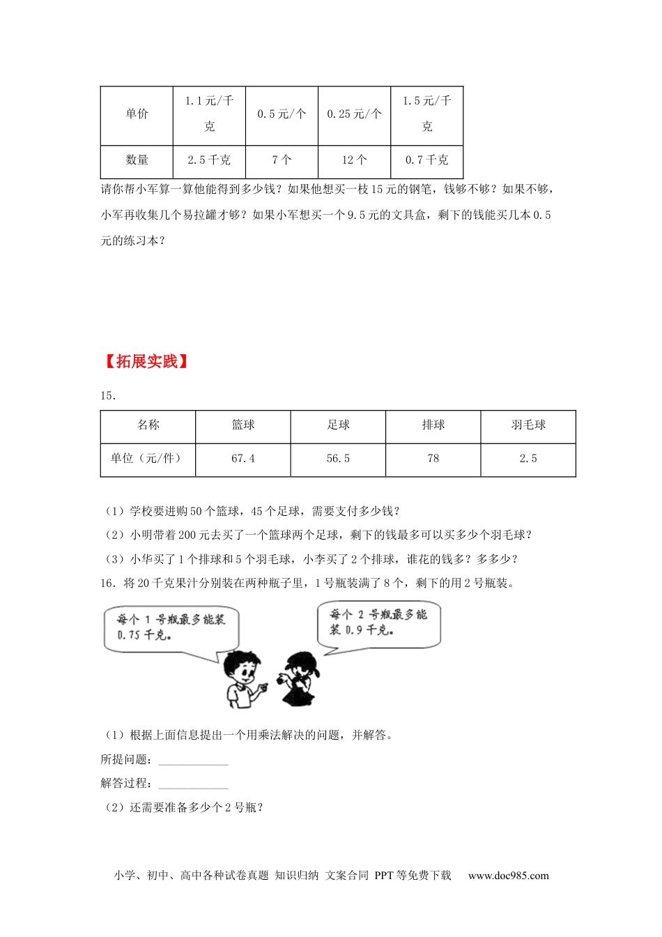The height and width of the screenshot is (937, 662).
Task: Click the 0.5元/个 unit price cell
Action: coord(282,114)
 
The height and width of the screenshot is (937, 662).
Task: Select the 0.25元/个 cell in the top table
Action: coord(354,114)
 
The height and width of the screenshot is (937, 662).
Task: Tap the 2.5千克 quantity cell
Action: coord(209,160)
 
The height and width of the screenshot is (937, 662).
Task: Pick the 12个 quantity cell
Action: coord(354,160)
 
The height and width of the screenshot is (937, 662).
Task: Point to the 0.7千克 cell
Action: coord(426,160)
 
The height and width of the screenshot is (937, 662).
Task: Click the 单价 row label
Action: coord(137,114)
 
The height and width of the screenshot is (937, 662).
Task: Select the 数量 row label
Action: coord(137,160)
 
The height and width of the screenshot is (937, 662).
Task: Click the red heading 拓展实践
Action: coord(146,361)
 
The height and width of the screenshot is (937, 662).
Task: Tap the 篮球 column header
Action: coord(243,425)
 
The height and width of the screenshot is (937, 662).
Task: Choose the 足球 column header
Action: coord(338,425)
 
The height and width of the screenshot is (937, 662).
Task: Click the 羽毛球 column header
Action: coord(528,425)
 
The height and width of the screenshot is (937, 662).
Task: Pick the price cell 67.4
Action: coord(243,459)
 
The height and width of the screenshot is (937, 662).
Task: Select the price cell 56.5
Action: coord(338,459)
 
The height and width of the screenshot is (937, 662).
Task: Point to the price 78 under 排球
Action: coord(433,459)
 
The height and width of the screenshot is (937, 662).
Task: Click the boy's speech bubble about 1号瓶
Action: coord(171,627)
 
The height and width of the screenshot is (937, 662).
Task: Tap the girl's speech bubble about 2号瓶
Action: coord(380,623)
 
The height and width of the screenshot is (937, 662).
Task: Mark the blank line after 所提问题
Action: coord(193,761)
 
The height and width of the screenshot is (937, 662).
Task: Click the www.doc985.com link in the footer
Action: coord(508,876)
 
